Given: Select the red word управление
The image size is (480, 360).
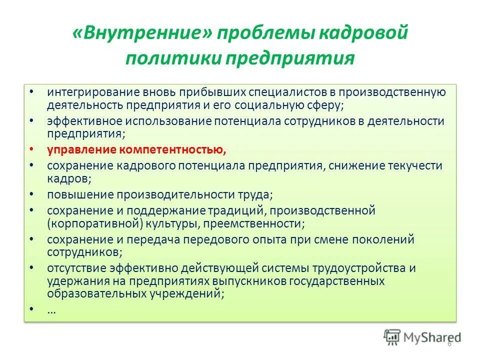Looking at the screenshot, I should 83,150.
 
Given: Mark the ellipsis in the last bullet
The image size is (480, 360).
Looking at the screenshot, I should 51,310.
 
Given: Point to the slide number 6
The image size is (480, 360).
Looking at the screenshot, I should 449,343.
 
